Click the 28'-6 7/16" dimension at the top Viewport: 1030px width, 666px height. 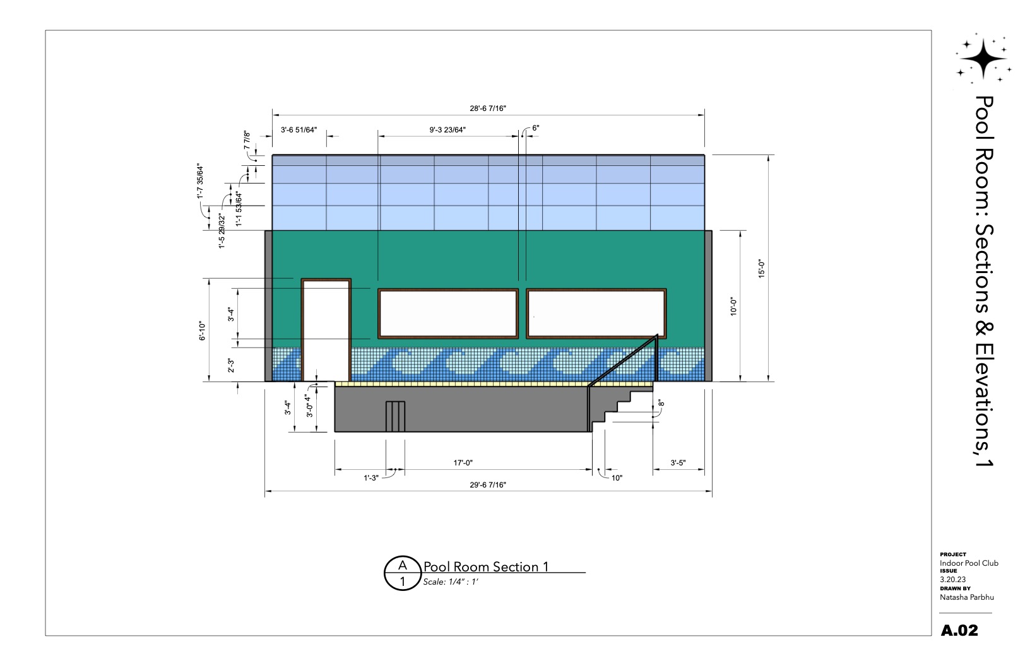pos(487,108)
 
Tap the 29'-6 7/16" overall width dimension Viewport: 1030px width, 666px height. pos(487,485)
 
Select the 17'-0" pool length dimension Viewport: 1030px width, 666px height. pos(463,463)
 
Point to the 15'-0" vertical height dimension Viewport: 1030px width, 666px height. pos(762,269)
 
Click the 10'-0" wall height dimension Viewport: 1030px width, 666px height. pos(733,306)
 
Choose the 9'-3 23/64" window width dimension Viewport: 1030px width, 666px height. pos(447,130)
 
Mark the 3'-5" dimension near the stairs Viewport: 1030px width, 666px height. pos(678,463)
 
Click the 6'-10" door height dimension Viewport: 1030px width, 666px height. pos(202,331)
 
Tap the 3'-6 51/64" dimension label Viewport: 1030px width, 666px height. pos(299,130)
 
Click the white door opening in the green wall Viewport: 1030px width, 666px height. pos(326,330)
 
